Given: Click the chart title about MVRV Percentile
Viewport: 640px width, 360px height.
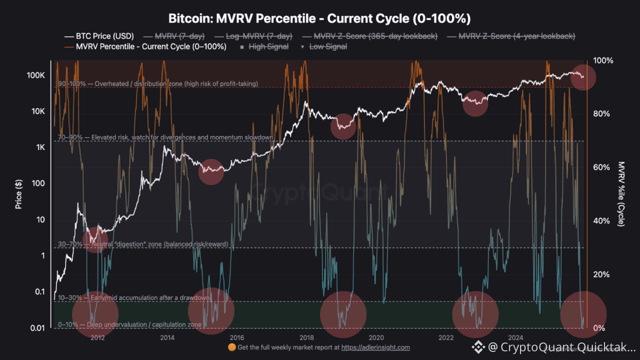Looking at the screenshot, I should pyautogui.click(x=320, y=19).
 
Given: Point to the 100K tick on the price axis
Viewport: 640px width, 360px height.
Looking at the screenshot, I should pyautogui.click(x=36, y=75).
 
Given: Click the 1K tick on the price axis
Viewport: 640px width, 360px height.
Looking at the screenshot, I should pyautogui.click(x=39, y=147).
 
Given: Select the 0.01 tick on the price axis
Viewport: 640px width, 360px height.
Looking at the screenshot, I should pyautogui.click(x=37, y=328).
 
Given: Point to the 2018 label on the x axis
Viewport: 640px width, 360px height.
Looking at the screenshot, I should pyautogui.click(x=306, y=337).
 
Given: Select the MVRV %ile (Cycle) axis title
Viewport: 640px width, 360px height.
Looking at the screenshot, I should pyautogui.click(x=621, y=194).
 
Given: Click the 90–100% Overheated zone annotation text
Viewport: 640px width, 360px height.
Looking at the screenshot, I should pyautogui.click(x=158, y=84).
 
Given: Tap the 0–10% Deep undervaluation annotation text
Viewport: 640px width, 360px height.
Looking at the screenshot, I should pyautogui.click(x=130, y=325).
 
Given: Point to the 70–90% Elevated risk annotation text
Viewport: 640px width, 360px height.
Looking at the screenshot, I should pyautogui.click(x=165, y=137).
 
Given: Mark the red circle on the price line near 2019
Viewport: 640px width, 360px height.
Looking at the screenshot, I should pyautogui.click(x=343, y=126).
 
